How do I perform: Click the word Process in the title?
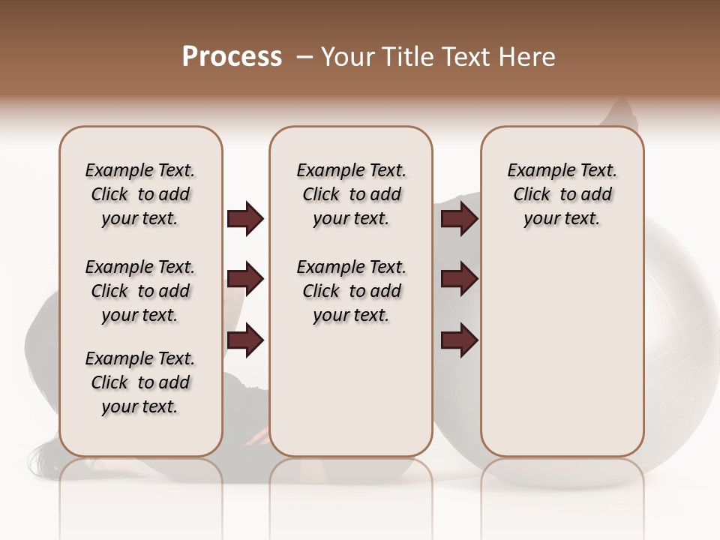pos(232,57)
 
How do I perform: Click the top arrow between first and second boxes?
pos(245,219)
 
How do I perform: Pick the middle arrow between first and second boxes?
pos(245,280)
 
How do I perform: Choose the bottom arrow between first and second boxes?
pos(245,340)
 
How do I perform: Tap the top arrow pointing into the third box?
pos(459,219)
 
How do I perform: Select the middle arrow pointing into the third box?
pos(459,280)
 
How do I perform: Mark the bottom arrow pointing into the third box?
pos(459,340)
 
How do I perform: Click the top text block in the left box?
pos(140,194)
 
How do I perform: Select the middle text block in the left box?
pos(140,291)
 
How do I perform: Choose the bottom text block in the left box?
pos(140,382)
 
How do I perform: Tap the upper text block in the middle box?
pos(351,194)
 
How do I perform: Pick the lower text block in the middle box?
pos(351,291)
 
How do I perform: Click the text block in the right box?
pos(562,194)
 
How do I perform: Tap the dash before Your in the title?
pos(304,57)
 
